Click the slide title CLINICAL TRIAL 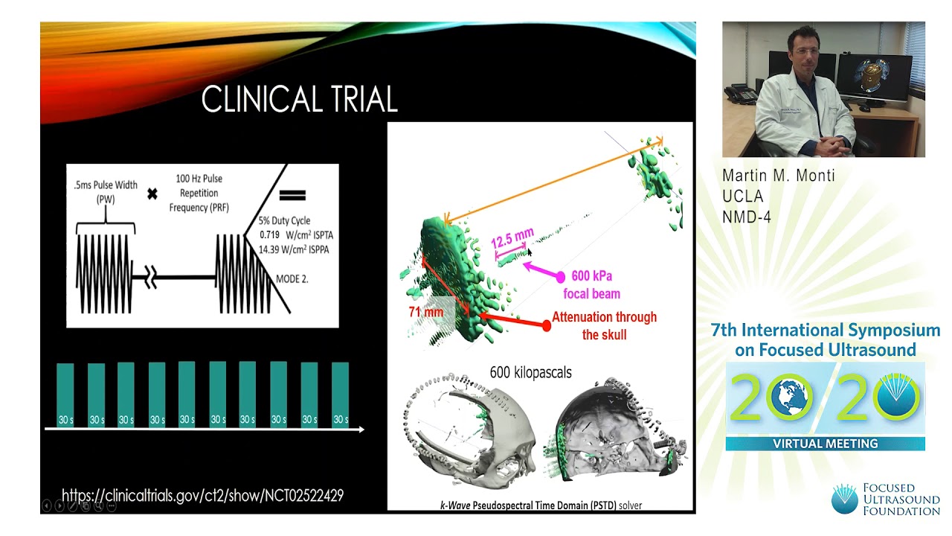tap(299, 100)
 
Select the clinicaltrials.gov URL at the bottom tap(202, 495)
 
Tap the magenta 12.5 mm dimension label tap(512, 239)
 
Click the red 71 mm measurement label tap(426, 311)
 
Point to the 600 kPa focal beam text tap(591, 284)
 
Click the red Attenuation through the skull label tap(604, 325)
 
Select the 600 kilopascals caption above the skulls tap(530, 372)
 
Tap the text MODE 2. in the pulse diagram tap(292, 279)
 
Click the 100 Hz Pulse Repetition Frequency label tap(199, 193)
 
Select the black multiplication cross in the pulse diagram tap(152, 194)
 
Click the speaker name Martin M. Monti tap(779, 176)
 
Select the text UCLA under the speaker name tap(742, 197)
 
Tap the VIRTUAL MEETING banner tap(825, 444)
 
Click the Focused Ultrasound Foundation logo tap(885, 499)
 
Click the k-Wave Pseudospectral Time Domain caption tap(540, 505)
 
